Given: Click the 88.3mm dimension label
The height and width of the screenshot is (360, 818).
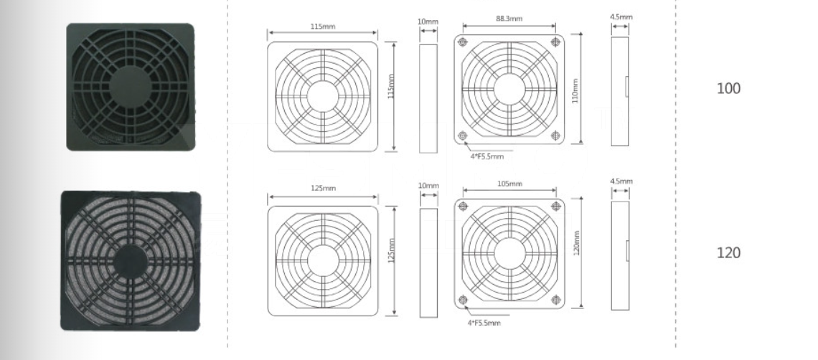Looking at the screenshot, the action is pyautogui.click(x=509, y=19).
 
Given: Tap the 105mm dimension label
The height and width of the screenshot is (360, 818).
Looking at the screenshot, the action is pyautogui.click(x=509, y=184).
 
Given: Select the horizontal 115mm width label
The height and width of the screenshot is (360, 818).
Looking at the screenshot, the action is pyautogui.click(x=323, y=26).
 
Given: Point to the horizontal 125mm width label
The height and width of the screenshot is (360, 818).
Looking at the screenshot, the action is pyautogui.click(x=323, y=189).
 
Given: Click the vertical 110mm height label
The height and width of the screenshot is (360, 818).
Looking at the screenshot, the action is pyautogui.click(x=575, y=91).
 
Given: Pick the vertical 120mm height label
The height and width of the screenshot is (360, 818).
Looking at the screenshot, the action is pyautogui.click(x=576, y=242).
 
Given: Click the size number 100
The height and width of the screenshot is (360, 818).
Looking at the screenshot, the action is pyautogui.click(x=729, y=89).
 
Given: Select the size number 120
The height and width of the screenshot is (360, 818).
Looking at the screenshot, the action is pyautogui.click(x=729, y=253).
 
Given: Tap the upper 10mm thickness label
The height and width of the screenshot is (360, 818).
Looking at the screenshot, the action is pyautogui.click(x=428, y=22).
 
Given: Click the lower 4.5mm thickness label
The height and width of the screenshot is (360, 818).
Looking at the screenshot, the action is pyautogui.click(x=621, y=181).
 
